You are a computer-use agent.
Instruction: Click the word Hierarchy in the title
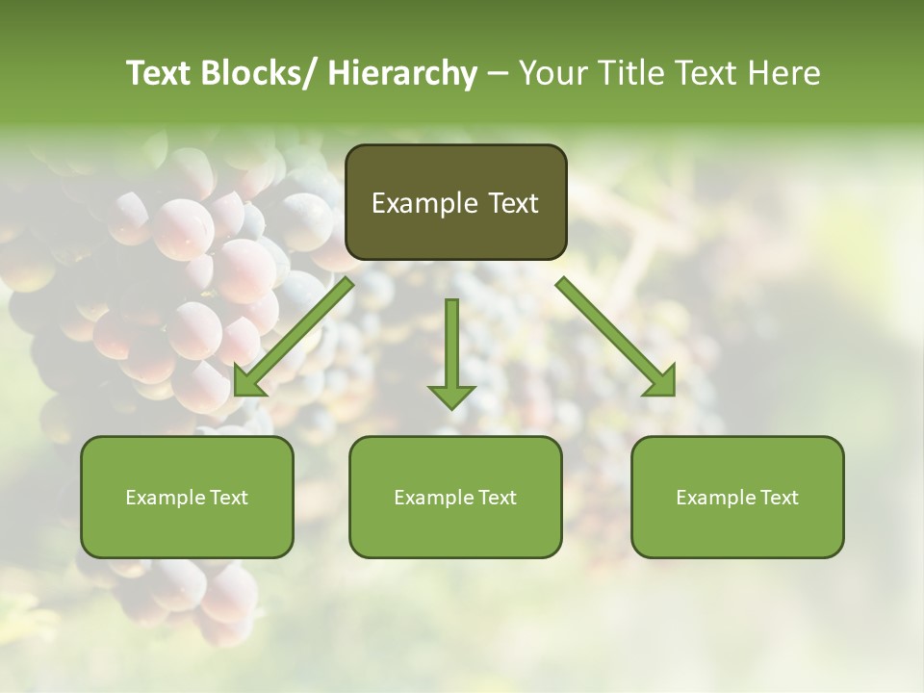click(x=401, y=74)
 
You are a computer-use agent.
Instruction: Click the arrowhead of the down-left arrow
click(x=246, y=382)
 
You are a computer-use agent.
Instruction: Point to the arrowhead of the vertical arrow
click(x=451, y=396)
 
